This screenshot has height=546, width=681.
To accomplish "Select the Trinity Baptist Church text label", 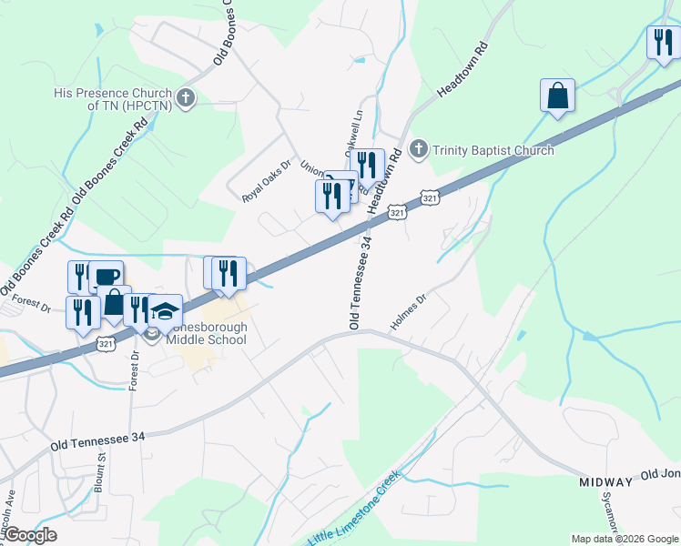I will point(493,150).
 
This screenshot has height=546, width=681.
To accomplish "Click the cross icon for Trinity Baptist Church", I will point(420,149).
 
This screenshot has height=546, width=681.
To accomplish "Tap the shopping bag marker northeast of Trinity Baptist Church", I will point(556,96).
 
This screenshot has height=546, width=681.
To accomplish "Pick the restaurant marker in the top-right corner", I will point(662,42).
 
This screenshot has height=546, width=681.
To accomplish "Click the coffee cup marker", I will point(106,277).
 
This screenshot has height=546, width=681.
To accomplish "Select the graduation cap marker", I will point(165,311).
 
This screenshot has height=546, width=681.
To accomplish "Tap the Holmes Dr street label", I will point(409,311).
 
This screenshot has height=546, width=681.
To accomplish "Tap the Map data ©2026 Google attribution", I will point(625,539).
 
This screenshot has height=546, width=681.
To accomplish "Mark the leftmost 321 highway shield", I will point(107,343).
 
